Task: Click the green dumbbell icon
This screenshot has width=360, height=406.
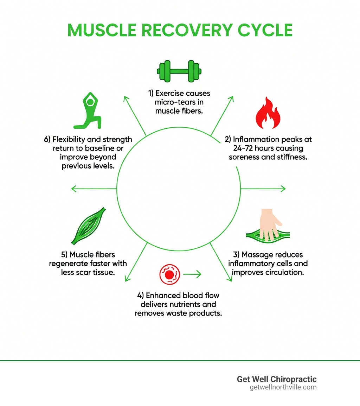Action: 179,71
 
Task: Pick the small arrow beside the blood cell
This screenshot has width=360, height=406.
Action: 192,274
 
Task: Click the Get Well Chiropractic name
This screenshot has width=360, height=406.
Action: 277,379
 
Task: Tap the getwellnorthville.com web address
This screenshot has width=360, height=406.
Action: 283,387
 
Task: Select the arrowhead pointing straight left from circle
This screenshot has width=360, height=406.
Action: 73,189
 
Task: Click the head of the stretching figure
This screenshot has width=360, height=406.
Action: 90,102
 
